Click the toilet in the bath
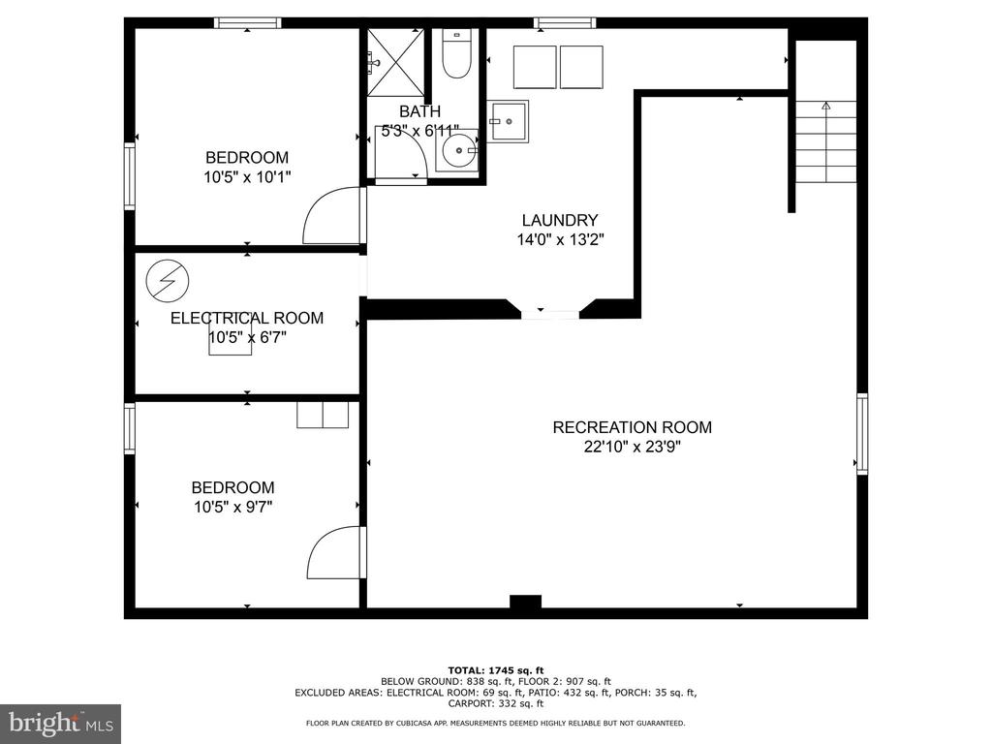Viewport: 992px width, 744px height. pos(456,54)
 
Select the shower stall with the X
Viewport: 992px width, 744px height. pos(396,61)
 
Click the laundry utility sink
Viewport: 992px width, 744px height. pos(508,121)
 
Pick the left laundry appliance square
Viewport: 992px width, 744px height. pos(535,67)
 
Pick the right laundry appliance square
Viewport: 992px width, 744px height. pos(581,67)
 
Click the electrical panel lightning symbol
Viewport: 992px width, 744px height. pos(168,280)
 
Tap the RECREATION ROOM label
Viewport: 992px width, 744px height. pos(632,427)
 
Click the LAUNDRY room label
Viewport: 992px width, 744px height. pos(560,220)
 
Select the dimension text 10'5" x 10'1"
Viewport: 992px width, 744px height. pos(247,176)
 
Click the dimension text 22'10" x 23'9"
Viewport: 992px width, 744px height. pos(632,447)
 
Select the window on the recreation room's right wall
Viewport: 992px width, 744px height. pos(862,433)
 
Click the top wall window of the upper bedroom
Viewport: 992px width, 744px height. pos(247,23)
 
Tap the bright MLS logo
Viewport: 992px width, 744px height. pos(61,723)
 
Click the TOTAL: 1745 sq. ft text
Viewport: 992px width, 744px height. pos(496,670)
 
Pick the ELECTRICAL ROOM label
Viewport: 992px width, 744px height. pos(247,318)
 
